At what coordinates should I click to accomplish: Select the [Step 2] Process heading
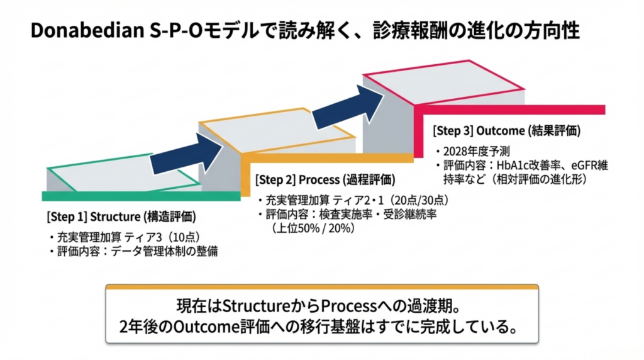326,179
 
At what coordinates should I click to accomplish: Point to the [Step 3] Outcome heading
506,132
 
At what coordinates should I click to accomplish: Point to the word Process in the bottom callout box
347,307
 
